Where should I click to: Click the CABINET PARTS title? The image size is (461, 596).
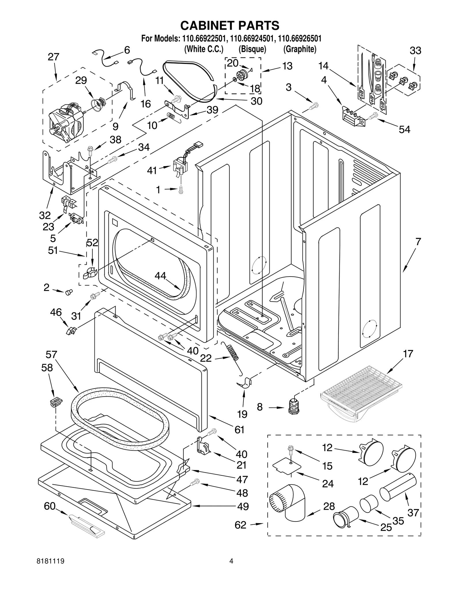pyautogui.click(x=230, y=25)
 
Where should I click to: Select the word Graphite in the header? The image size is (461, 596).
pyautogui.click(x=300, y=49)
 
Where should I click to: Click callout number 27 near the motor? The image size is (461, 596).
pyautogui.click(x=53, y=57)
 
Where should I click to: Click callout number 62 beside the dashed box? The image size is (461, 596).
pyautogui.click(x=240, y=525)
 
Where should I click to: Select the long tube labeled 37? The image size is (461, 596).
pyautogui.click(x=398, y=488)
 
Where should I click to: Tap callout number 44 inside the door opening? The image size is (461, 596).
pyautogui.click(x=160, y=276)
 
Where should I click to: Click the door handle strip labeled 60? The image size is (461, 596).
pyautogui.click(x=86, y=525)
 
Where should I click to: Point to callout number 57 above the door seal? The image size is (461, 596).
pyautogui.click(x=51, y=355)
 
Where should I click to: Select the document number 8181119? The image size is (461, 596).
pyautogui.click(x=51, y=569)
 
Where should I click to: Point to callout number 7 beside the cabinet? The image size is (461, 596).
pyautogui.click(x=418, y=241)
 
